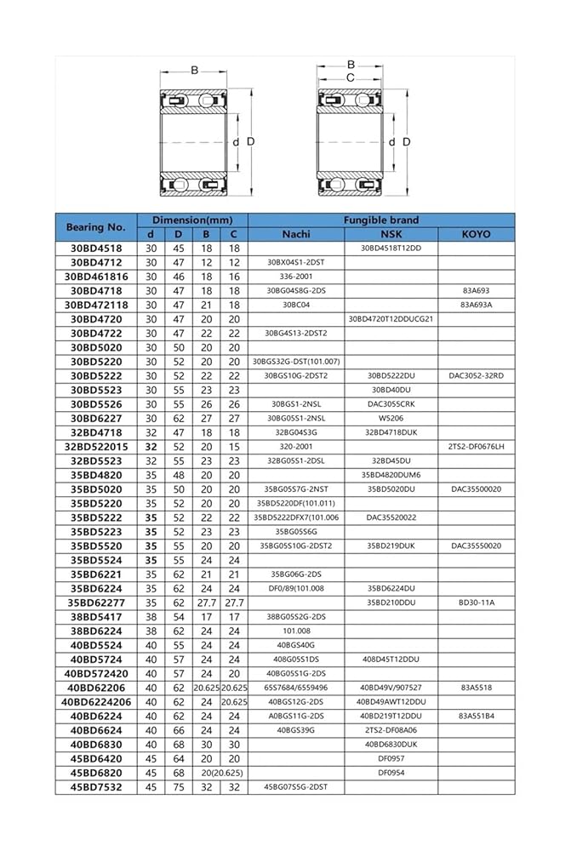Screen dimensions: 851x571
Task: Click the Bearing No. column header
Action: tap(95, 226)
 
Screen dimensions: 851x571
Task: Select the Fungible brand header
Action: tap(380, 220)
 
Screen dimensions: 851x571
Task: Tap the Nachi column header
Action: tap(295, 234)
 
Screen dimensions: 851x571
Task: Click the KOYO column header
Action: tap(476, 234)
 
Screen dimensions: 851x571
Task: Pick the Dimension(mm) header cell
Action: tap(191, 220)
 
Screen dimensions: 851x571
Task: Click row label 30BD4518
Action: tap(95, 248)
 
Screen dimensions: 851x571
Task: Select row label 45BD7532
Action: tap(95, 787)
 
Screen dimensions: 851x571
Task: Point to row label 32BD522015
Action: tap(95, 446)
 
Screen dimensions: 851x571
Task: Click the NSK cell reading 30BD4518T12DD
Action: tap(391, 248)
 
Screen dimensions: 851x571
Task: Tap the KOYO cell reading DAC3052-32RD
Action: tap(476, 375)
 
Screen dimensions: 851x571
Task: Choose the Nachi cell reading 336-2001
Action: tap(295, 277)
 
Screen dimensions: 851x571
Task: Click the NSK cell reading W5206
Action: tap(391, 418)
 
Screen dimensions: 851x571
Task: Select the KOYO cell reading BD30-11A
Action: tap(476, 603)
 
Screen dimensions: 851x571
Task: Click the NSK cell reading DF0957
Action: tap(391, 758)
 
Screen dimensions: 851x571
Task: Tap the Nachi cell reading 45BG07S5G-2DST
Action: tap(295, 787)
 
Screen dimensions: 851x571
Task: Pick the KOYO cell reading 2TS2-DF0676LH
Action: tap(476, 446)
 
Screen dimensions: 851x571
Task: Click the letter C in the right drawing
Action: tap(349, 77)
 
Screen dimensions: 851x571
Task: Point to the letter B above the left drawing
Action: tap(194, 70)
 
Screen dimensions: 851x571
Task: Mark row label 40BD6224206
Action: tap(95, 701)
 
